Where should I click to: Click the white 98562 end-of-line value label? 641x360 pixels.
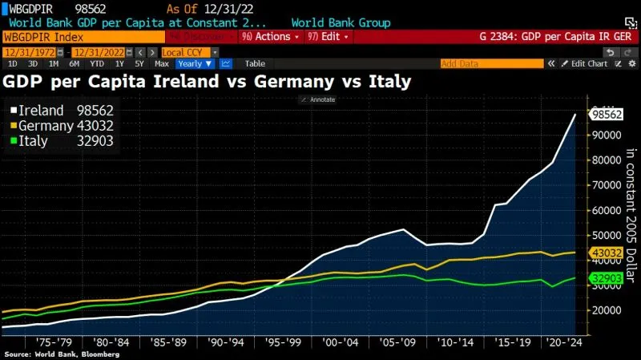[607, 115]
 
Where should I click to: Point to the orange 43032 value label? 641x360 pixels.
[607, 253]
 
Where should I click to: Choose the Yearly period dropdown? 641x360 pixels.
[195, 63]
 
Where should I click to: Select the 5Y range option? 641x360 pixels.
[139, 63]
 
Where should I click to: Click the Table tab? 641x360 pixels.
[255, 63]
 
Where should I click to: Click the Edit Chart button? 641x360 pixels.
[589, 63]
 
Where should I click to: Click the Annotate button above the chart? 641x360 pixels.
[319, 99]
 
